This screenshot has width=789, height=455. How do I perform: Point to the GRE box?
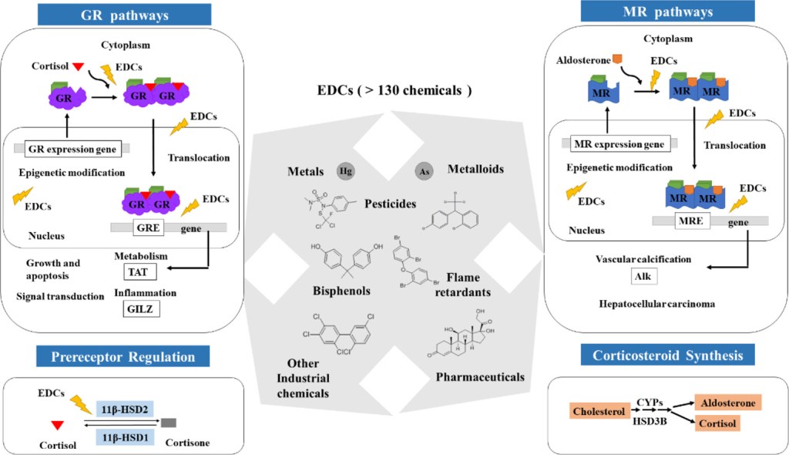[x=143, y=229]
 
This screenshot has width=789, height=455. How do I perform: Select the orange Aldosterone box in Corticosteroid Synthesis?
[x=727, y=402]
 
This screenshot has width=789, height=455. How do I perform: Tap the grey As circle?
[x=422, y=170]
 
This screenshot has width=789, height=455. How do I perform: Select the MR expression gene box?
[x=621, y=143]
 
